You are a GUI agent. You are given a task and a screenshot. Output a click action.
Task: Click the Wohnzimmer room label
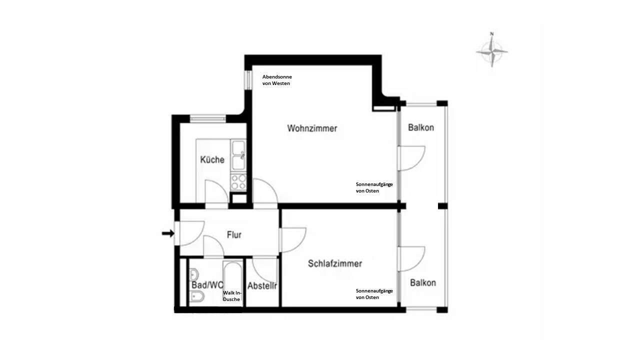click(x=312, y=128)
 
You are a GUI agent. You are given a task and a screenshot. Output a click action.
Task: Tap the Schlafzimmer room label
click(x=335, y=263)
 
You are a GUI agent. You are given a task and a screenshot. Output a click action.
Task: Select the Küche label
click(x=212, y=160)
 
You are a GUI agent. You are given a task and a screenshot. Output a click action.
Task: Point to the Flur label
click(x=234, y=234)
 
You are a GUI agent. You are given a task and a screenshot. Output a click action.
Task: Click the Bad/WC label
click(x=206, y=285)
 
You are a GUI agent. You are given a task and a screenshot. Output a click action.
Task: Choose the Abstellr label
click(x=262, y=286)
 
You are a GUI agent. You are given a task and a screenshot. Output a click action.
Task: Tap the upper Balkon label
click(x=421, y=127)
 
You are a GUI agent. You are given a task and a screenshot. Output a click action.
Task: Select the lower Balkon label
click(x=423, y=283)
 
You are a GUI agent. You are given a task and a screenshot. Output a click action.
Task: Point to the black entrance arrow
click(x=168, y=233)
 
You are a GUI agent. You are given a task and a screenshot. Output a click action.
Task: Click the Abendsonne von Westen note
click(x=277, y=80)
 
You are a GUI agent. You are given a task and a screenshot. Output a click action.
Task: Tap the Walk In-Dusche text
click(x=232, y=296)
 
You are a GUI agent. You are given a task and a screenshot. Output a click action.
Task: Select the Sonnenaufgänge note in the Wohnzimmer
click(x=374, y=187)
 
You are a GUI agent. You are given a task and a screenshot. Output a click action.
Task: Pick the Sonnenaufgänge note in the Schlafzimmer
click(x=374, y=294)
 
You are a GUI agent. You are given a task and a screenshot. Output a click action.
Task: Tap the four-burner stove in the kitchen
click(x=238, y=182)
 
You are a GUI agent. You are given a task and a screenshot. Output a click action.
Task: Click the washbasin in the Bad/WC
click(x=194, y=274)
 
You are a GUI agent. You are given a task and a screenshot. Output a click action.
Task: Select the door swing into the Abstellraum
click(x=265, y=270)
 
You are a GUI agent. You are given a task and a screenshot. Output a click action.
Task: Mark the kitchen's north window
click(x=205, y=118)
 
